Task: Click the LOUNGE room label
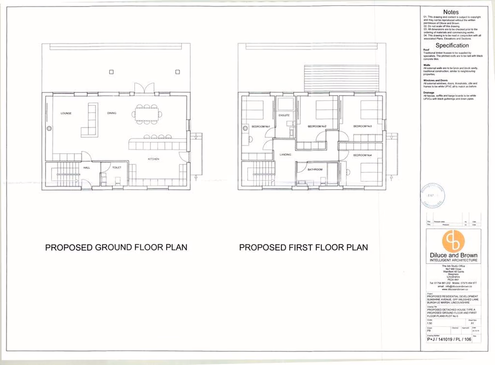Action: tap(66, 113)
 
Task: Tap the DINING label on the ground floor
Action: tap(111, 113)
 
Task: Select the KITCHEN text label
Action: tap(154, 159)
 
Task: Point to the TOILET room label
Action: tap(117, 168)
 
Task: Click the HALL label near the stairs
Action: tap(87, 168)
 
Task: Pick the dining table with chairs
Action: tap(147, 114)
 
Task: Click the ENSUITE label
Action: tap(284, 116)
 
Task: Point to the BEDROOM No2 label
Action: tap(317, 126)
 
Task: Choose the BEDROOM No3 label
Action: tap(362, 126)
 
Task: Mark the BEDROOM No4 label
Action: tap(362, 155)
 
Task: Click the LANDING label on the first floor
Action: tap(286, 155)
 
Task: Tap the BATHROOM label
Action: tap(315, 170)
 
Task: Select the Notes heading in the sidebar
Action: tap(451, 12)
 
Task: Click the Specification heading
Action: tap(451, 45)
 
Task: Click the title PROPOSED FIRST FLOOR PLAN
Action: tap(304, 247)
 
